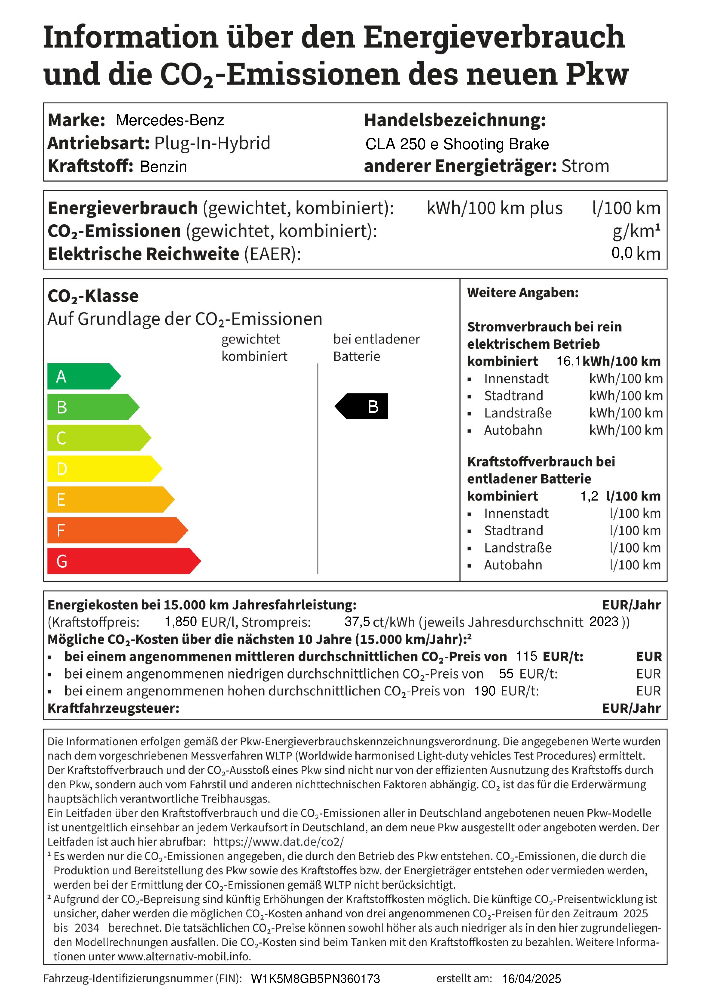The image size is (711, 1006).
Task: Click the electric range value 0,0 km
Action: (x=636, y=254)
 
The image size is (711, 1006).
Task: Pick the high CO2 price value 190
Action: (x=485, y=691)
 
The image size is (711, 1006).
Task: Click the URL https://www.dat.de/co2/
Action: (x=279, y=842)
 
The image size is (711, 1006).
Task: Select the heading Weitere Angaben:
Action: (x=523, y=293)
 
